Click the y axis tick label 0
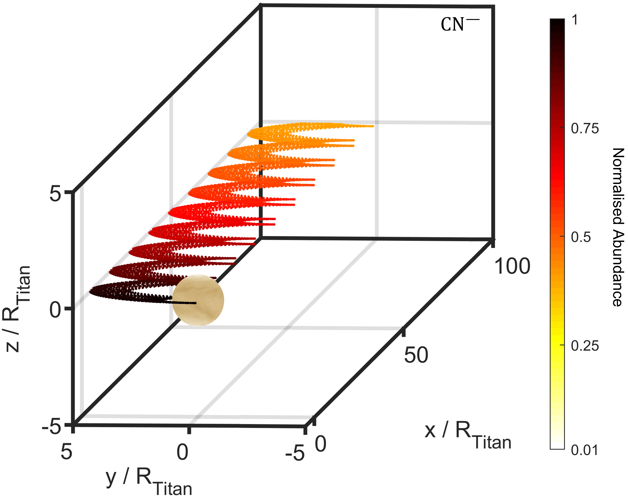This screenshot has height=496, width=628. (182, 452)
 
